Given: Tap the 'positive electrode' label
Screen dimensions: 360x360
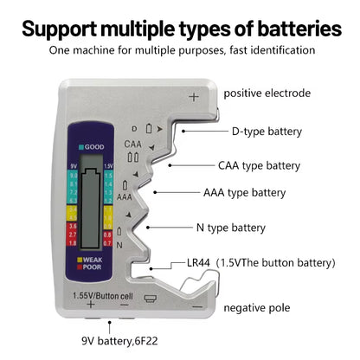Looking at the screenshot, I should click(267, 93).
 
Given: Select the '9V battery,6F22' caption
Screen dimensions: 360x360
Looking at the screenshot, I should click(127, 340).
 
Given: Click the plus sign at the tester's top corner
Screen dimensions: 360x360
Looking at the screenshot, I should click(193, 97).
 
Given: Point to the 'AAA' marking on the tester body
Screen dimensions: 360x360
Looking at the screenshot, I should click(125, 196).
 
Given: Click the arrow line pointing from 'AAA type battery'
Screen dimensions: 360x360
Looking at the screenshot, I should click(177, 192).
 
